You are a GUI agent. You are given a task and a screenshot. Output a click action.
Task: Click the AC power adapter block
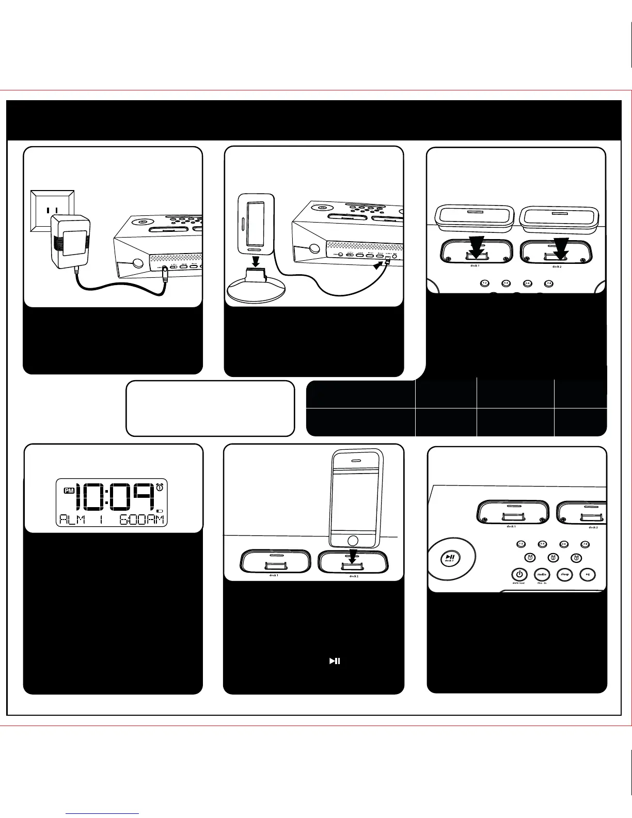click(71, 241)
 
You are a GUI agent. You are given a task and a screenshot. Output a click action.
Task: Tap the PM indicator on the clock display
click(69, 491)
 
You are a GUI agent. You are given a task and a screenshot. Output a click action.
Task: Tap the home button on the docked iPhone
click(353, 540)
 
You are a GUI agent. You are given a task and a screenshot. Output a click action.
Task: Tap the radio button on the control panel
click(542, 574)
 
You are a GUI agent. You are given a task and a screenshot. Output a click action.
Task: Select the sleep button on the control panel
click(564, 574)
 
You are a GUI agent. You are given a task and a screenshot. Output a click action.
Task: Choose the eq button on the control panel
click(587, 574)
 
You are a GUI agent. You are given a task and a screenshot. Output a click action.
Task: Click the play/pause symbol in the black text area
click(335, 661)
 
